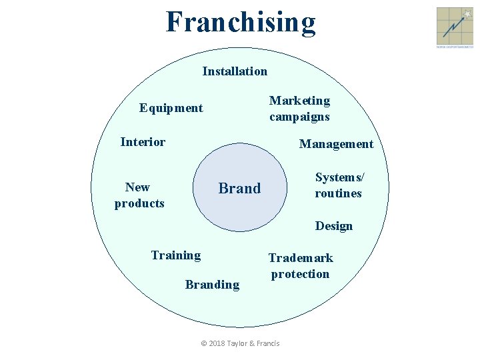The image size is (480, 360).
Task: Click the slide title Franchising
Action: click(x=241, y=21)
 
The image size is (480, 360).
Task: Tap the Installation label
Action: click(x=235, y=71)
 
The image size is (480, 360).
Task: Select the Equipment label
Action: click(x=171, y=108)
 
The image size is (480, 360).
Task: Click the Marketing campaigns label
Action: click(x=299, y=109)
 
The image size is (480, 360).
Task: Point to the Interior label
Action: click(x=143, y=141)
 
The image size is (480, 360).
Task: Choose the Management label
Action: click(x=336, y=144)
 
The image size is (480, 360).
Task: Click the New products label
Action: click(x=139, y=195)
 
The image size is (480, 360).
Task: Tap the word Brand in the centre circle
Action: click(x=239, y=189)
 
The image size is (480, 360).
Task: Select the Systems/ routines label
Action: click(x=339, y=185)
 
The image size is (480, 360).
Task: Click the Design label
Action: click(x=334, y=226)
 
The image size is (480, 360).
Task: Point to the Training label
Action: click(x=175, y=255)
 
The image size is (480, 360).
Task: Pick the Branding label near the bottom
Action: click(x=212, y=285)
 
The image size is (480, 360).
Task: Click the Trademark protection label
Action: click(x=300, y=266)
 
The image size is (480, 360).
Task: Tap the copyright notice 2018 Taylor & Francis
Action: click(x=240, y=343)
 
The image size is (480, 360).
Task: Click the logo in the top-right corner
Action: click(x=454, y=27)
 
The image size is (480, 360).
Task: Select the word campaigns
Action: click(x=299, y=117)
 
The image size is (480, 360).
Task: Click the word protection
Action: click(x=300, y=274)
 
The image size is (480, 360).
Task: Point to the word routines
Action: click(x=339, y=193)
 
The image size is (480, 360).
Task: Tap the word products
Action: click(x=139, y=203)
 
